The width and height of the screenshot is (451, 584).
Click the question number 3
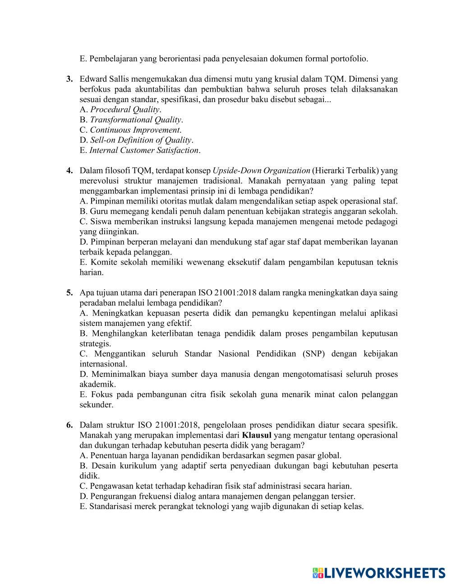point(70,79)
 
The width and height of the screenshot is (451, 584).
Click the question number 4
point(70,171)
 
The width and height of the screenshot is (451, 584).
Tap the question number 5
point(70,292)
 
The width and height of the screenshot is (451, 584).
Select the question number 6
point(70,425)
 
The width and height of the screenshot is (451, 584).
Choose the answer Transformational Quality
point(135,120)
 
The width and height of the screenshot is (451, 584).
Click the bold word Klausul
point(257,435)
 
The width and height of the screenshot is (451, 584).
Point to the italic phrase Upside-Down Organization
point(261,171)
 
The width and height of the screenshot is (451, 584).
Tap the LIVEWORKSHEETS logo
point(378,573)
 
